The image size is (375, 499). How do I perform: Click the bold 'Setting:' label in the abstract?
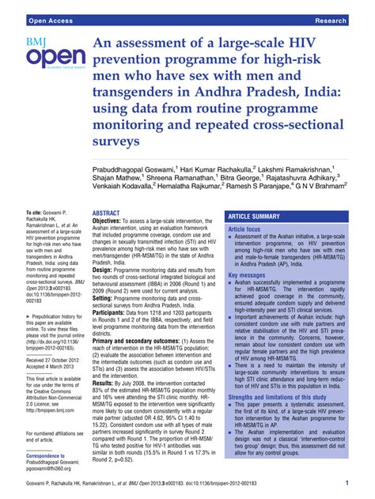tap(106, 297)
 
